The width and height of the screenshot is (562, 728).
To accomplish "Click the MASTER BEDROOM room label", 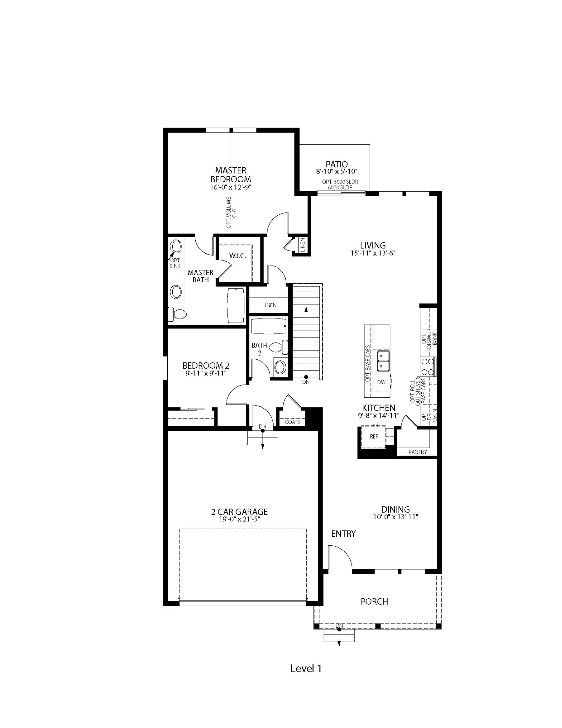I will pos(231,175).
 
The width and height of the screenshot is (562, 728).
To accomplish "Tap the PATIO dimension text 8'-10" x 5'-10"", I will pos(336,171).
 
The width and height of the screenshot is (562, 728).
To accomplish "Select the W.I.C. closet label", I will pos(237,256).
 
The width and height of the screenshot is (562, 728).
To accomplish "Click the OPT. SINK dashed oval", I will pos(176,245).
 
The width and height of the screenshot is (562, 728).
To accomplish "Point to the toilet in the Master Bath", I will pos(177,314).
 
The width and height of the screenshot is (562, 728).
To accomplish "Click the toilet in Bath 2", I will pos(280,347).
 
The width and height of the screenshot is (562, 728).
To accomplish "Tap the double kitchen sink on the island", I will pos(383,361).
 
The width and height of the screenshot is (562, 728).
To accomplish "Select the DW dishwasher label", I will pos(381,382).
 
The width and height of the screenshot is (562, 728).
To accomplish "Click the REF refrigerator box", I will pos(374,437).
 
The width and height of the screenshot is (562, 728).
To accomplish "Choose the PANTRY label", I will pos(417,452).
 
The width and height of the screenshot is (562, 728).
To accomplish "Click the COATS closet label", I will pos(292,422).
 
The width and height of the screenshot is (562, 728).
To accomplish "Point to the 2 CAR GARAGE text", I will pos(239,512).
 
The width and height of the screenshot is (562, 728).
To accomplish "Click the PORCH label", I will pos(374,601).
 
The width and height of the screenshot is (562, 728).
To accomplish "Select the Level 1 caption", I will pos(306,669).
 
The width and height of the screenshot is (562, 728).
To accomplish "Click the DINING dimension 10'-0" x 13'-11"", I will pos(395,517).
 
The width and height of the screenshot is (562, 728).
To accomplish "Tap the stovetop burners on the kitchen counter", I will pos(428,367).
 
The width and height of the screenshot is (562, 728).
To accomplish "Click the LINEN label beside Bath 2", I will pos(269,305).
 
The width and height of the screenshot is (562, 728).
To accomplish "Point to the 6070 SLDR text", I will pos(340,187).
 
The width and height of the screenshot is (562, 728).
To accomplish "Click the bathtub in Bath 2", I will pos(269,326).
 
